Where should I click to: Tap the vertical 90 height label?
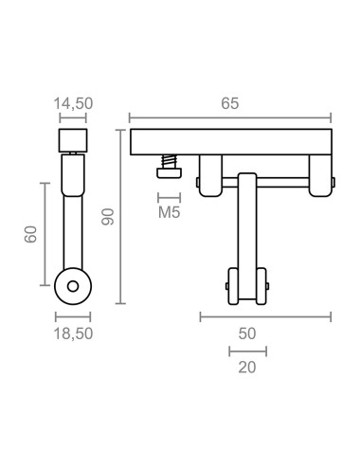(x=108, y=218)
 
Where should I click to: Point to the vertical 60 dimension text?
(x=29, y=233)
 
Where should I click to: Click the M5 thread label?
(x=169, y=212)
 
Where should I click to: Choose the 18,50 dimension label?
(x=73, y=333)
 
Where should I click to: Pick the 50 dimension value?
(x=247, y=333)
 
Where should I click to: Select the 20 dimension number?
(x=247, y=367)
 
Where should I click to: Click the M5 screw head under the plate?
(x=169, y=171)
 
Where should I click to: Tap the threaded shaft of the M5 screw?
(x=169, y=160)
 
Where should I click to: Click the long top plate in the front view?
(x=231, y=141)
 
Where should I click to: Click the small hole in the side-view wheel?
(x=72, y=285)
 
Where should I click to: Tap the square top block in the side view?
(x=72, y=141)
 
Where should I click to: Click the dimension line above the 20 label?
(x=247, y=351)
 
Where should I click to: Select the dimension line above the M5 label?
(x=169, y=196)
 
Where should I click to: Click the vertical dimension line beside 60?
(x=45, y=233)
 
